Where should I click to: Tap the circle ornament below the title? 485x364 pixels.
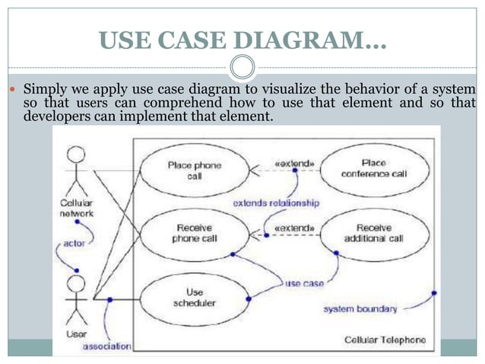tap(242, 66)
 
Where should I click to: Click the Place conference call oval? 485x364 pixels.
tap(373, 168)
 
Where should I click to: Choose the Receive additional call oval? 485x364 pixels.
tap(373, 233)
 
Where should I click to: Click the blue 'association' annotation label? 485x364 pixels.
tap(106, 346)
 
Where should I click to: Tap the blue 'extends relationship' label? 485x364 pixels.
tap(275, 203)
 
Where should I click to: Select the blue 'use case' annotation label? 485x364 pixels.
tap(304, 283)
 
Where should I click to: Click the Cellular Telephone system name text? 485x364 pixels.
tap(385, 340)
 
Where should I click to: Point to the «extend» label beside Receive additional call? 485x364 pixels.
tap(294, 228)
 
